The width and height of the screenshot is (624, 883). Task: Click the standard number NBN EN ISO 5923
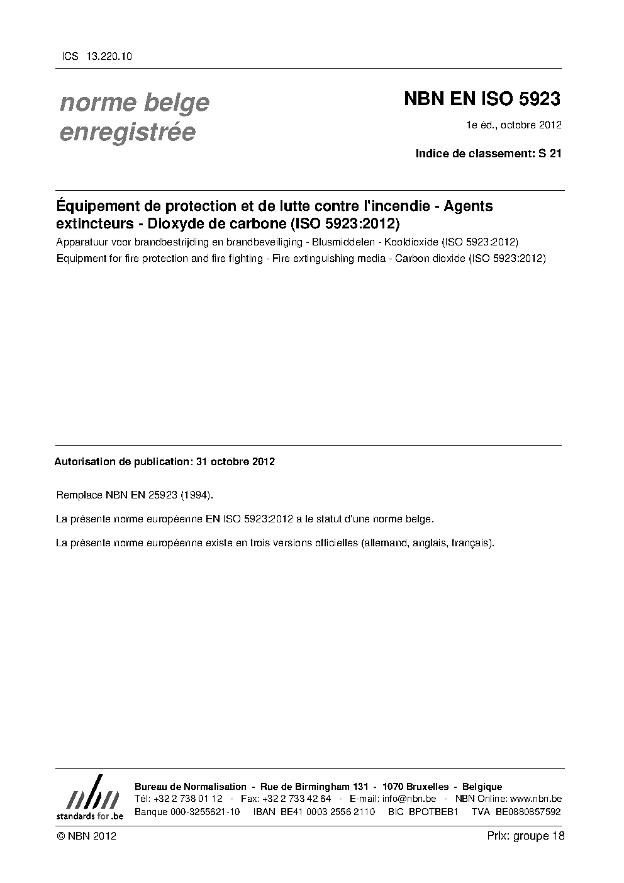[481, 99]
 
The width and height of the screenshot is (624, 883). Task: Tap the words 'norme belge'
[134, 103]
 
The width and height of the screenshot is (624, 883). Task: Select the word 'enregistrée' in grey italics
[127, 133]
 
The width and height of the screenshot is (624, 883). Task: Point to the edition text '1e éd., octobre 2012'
[513, 125]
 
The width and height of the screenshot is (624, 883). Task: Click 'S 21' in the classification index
[550, 153]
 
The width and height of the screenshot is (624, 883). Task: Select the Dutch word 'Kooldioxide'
[413, 242]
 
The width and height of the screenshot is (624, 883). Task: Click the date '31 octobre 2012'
[235, 461]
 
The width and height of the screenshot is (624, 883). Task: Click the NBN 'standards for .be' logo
[89, 797]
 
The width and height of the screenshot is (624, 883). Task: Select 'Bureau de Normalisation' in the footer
[191, 787]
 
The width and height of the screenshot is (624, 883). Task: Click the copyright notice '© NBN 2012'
[86, 836]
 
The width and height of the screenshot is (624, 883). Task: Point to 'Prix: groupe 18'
[525, 836]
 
